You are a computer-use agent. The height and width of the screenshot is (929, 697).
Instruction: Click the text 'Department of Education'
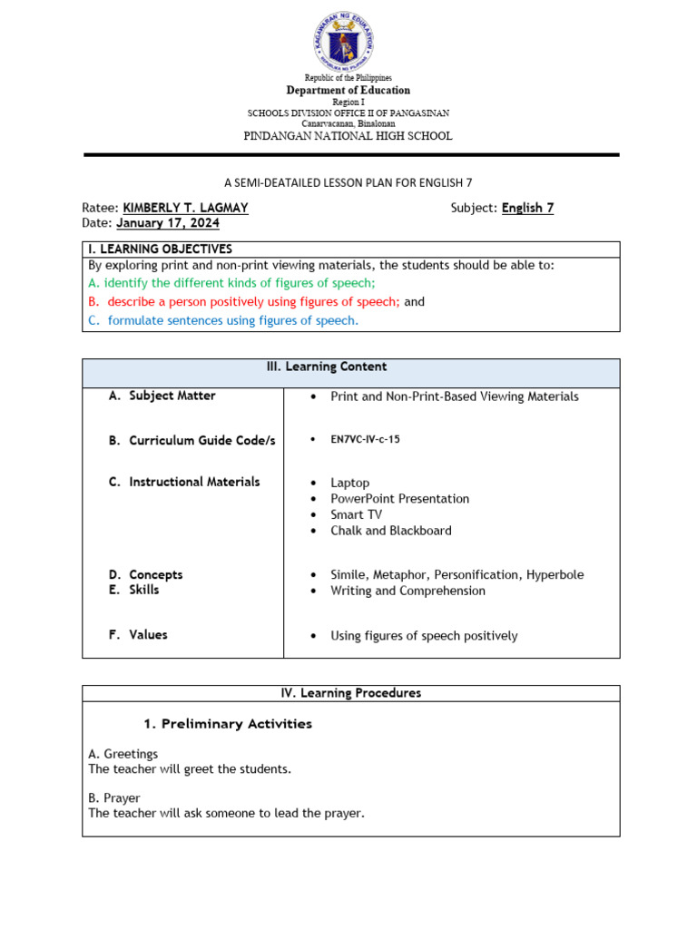pos(348,91)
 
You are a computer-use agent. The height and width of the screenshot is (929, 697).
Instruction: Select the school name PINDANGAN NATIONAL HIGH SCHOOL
pos(348,136)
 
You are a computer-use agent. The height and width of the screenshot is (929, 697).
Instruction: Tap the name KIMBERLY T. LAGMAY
pos(185,208)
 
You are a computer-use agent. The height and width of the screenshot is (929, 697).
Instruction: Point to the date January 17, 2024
pos(168,223)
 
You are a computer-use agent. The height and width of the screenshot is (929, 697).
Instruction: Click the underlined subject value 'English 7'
pos(527,208)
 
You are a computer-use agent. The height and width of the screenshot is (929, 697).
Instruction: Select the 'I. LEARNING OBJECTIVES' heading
pos(160,249)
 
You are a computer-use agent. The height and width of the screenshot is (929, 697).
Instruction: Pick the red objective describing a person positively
pos(244,301)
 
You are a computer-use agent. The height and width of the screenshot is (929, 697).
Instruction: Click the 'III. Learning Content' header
pos(350,367)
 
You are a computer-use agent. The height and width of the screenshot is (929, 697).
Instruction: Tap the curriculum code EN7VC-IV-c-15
pos(365,439)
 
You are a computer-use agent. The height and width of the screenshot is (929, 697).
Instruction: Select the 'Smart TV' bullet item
pos(356,514)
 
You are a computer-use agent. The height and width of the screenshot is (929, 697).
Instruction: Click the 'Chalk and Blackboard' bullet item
pos(390,531)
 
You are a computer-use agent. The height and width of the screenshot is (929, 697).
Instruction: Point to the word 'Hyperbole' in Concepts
pos(555,575)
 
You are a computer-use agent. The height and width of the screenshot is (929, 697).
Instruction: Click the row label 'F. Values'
pos(138,635)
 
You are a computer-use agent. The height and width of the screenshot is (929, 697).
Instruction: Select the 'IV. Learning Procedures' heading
pos(350,693)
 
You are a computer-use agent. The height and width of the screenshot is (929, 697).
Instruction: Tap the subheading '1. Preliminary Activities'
pos(228,724)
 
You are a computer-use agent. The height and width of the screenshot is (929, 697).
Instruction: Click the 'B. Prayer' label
pos(114,798)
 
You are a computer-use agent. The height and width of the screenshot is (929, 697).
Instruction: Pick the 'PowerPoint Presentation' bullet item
pos(399,499)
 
